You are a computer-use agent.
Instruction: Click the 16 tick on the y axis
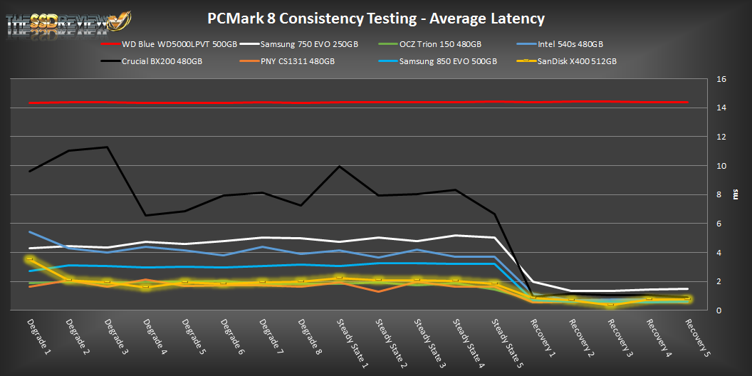point(721,79)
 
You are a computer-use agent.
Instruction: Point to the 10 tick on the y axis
point(721,166)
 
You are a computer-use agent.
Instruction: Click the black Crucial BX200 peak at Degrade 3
point(108,147)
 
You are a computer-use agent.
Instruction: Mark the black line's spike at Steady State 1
point(340,167)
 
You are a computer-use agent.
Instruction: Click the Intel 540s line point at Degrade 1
point(30,232)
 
